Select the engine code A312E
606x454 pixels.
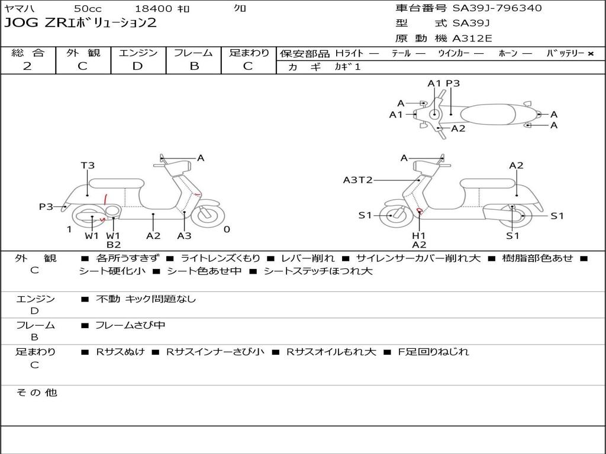472,39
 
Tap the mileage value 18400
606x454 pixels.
153,9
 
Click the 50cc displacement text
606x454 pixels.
88,9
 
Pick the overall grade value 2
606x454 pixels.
27,66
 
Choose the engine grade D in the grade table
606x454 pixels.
137,66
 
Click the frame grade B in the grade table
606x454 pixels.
194,66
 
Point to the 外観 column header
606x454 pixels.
83,53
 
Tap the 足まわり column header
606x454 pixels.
249,53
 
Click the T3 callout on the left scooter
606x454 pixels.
88,166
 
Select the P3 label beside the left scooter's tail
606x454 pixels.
46,206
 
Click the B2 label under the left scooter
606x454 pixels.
114,245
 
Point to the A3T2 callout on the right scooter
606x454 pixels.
357,180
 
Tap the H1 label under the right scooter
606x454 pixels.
419,236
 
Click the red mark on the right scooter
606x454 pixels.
419,210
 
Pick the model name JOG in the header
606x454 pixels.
18,24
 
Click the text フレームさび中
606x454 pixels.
130,325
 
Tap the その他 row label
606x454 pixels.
36,393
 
